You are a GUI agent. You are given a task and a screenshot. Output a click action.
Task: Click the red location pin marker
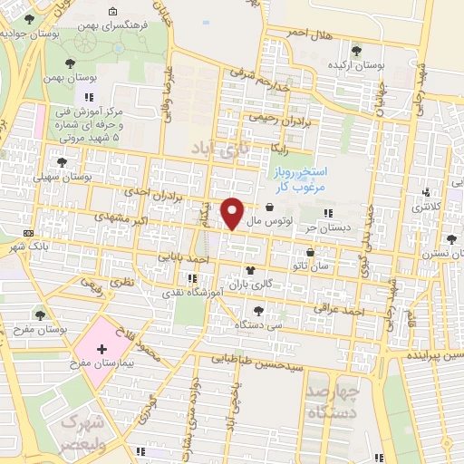234,213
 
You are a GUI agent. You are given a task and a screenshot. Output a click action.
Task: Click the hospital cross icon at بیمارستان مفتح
101,349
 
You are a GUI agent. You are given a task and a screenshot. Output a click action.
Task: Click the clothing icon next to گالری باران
251,271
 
